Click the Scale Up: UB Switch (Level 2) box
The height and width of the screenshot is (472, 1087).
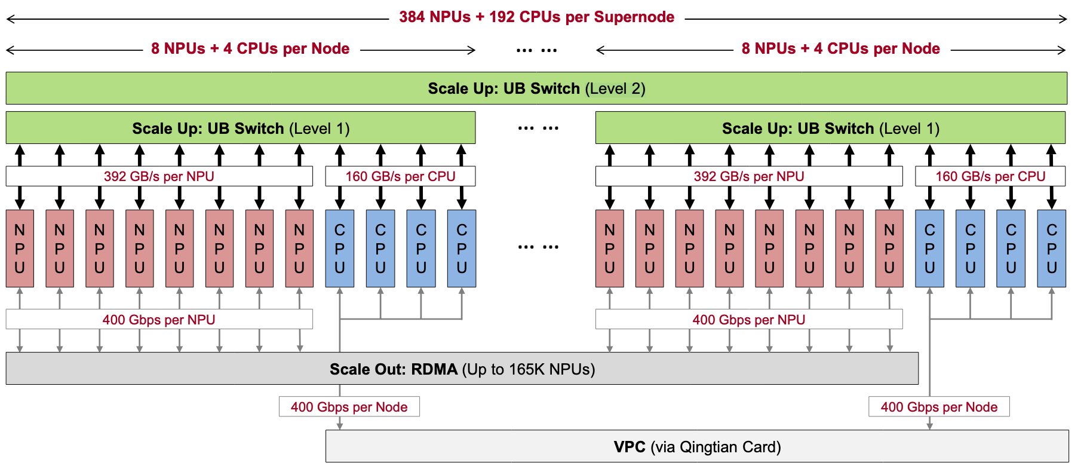point(536,88)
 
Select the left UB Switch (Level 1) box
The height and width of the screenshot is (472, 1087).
point(241,128)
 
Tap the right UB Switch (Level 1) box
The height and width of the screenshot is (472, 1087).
point(830,128)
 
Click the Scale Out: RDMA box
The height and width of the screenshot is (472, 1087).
point(462,369)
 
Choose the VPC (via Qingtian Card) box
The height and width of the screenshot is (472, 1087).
point(697,446)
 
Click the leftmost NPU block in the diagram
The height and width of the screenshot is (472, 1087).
point(20,249)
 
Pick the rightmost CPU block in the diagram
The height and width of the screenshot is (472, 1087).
point(1051,249)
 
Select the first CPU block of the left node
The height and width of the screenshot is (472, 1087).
point(340,249)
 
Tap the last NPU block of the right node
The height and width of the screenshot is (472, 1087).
point(889,249)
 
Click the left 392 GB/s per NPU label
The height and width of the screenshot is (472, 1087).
point(159,176)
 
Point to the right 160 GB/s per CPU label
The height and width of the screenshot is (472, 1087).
point(990,176)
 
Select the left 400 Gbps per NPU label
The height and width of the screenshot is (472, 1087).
point(159,320)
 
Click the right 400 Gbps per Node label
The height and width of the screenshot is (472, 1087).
point(939,407)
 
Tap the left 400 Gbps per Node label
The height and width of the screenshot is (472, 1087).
point(349,407)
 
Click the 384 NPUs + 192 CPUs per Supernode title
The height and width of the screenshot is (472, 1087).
point(536,17)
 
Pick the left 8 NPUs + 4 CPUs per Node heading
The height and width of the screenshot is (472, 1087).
point(250,48)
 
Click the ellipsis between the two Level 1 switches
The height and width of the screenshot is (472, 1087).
point(538,128)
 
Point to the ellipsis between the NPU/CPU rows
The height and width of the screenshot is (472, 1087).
point(538,247)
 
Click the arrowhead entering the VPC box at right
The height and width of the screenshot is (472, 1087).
point(930,425)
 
